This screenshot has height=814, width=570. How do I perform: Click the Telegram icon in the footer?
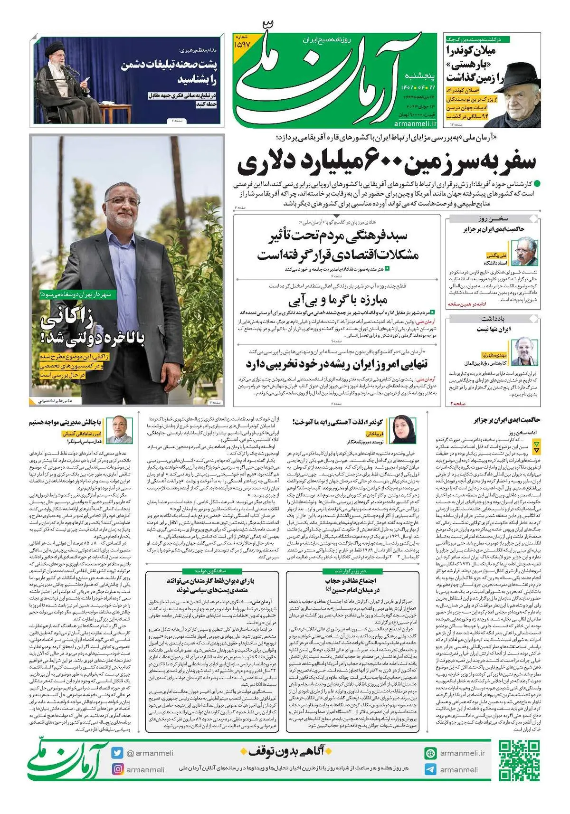[430, 770]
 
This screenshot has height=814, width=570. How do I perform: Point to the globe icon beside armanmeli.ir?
[430, 753]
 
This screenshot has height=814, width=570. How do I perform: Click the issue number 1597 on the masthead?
[242, 43]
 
